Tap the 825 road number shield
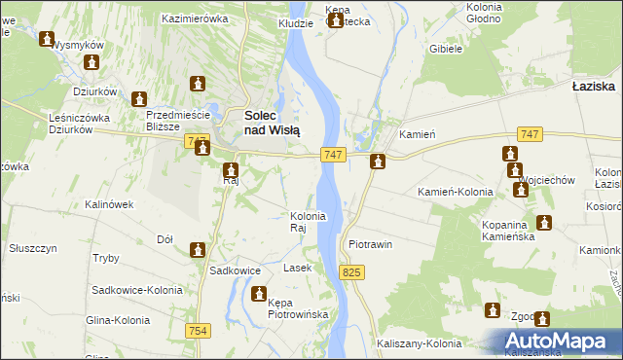click(352, 273)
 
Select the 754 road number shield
click(199, 331)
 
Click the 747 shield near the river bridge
click(332, 156)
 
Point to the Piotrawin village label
click(370, 244)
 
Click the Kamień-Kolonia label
click(455, 192)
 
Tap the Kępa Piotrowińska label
click(298, 309)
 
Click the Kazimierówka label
click(195, 18)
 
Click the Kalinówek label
click(108, 204)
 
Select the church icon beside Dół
click(198, 250)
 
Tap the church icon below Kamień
click(378, 162)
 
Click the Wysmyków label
click(77, 45)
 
